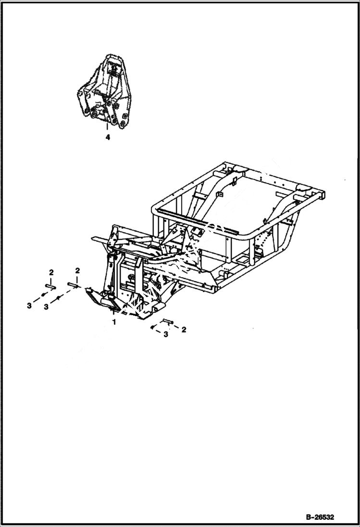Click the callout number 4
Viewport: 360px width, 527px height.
point(108,137)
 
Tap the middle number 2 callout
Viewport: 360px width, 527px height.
point(77,271)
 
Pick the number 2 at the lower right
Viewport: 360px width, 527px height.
point(184,330)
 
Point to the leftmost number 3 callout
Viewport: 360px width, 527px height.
point(29,306)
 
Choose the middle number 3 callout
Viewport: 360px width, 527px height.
point(46,306)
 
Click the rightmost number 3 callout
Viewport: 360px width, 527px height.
point(165,334)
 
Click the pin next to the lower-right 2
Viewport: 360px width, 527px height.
point(167,321)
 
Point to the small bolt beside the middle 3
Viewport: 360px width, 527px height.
point(58,298)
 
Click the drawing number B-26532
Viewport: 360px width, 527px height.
point(319,517)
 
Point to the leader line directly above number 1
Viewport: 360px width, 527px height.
point(114,312)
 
